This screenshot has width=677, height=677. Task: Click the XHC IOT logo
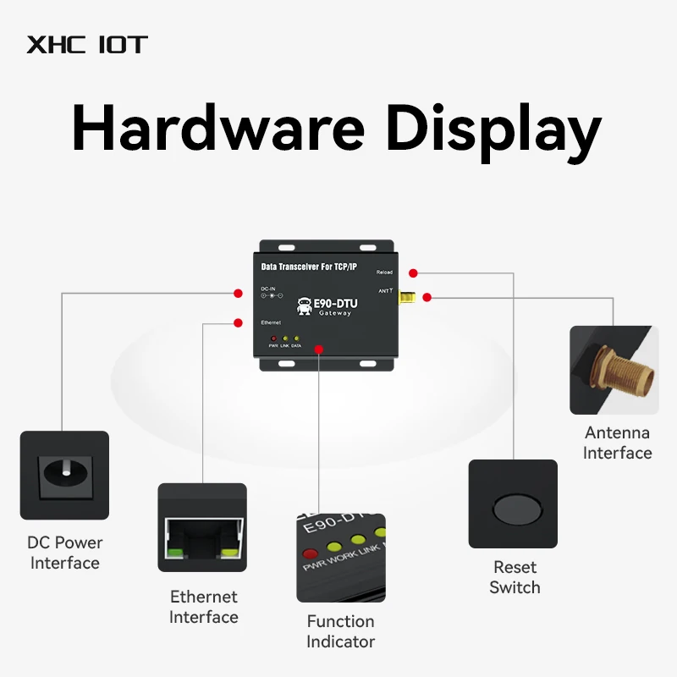point(87,45)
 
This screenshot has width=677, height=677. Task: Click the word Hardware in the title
point(218,129)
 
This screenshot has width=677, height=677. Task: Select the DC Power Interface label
point(64,553)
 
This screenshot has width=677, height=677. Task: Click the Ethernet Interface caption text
point(203,607)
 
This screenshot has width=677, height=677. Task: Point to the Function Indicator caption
point(340,631)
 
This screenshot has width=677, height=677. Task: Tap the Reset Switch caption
point(515,577)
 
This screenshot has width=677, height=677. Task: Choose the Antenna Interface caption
point(617,443)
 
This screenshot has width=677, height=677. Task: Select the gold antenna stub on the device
point(407,297)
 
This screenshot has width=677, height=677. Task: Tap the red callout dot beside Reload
point(413,272)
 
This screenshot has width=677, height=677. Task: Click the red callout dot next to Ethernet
point(239,322)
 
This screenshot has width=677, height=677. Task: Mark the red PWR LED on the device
point(272,338)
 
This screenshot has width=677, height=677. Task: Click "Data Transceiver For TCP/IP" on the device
point(309,267)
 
